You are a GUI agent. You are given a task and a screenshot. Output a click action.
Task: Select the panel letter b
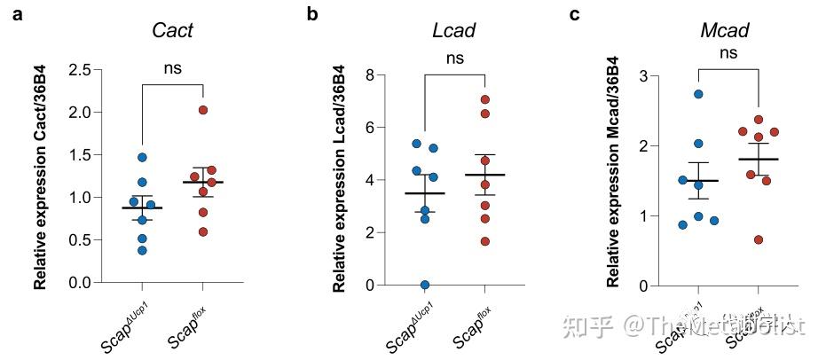pyautogui.click(x=311, y=14)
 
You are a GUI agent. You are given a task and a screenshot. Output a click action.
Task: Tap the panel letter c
pyautogui.click(x=575, y=14)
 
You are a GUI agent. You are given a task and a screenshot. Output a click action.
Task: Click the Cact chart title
pyautogui.click(x=172, y=31)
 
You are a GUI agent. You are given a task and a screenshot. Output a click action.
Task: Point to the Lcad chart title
pyautogui.click(x=454, y=31)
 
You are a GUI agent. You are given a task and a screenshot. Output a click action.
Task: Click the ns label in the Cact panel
pyautogui.click(x=172, y=67)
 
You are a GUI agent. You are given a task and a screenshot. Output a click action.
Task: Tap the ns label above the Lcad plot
pyautogui.click(x=454, y=59)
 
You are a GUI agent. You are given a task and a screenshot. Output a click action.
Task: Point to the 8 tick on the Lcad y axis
pyautogui.click(x=369, y=74)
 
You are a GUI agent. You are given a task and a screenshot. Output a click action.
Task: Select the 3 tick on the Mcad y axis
pyautogui.click(x=644, y=76)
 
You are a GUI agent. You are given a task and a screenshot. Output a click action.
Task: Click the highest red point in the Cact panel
pyautogui.click(x=203, y=110)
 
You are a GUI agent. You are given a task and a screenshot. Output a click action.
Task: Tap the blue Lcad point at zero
pyautogui.click(x=425, y=285)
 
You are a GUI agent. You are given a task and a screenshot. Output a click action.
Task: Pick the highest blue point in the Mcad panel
pyautogui.click(x=698, y=94)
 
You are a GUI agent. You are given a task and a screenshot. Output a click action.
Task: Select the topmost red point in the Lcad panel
pyautogui.click(x=484, y=100)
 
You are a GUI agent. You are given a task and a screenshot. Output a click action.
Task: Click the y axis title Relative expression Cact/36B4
pyautogui.click(x=40, y=176)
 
